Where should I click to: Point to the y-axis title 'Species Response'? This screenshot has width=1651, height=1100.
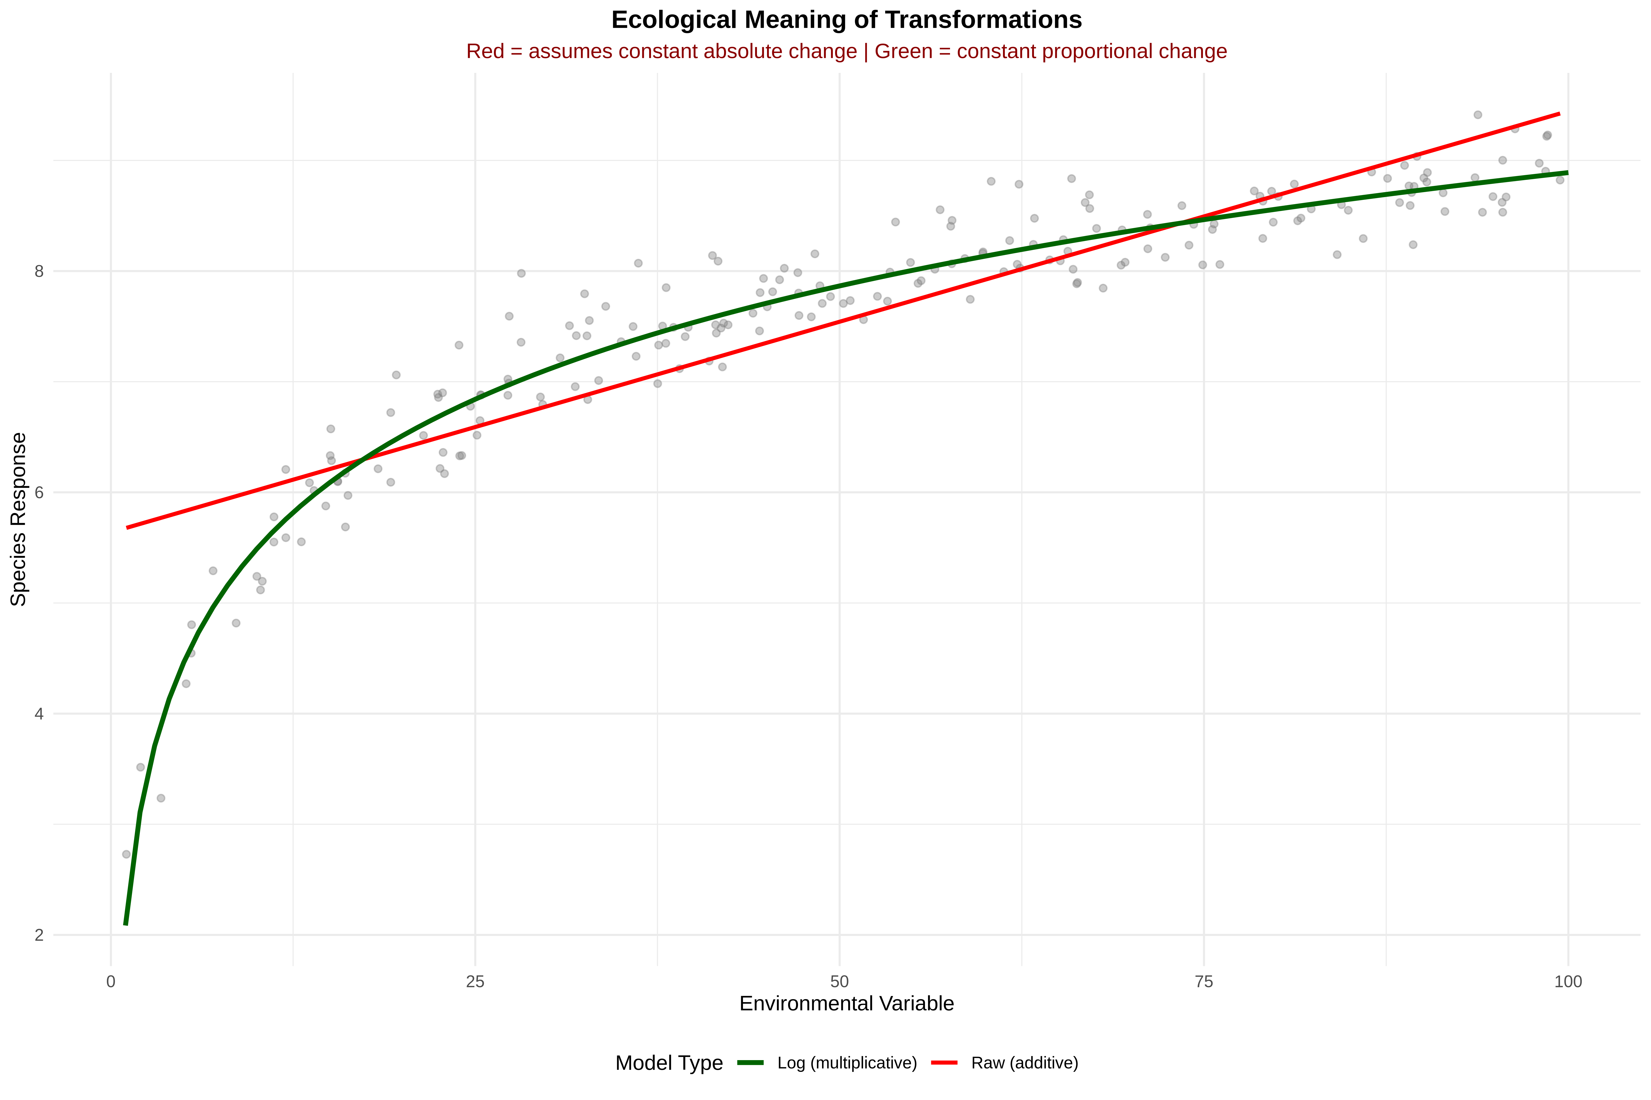(x=19, y=519)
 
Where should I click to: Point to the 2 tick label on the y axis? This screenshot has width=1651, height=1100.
(x=39, y=935)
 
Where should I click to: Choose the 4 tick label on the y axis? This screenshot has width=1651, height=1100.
(x=39, y=714)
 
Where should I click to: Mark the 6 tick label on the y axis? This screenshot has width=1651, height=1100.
(x=39, y=492)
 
